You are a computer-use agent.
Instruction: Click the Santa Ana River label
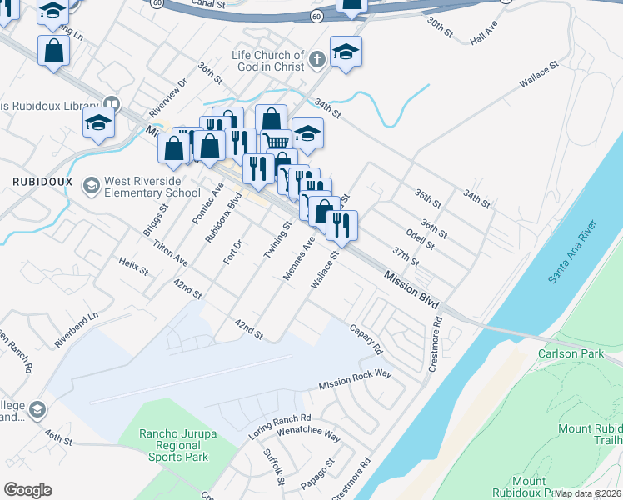click(572, 253)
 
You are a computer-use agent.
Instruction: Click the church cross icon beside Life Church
click(316, 60)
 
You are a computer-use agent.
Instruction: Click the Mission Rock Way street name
click(355, 379)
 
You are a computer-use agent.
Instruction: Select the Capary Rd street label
click(365, 337)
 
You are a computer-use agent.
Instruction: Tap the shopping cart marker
click(276, 139)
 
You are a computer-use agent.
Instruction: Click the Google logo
click(27, 490)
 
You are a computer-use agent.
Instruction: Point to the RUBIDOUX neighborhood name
click(42, 181)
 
